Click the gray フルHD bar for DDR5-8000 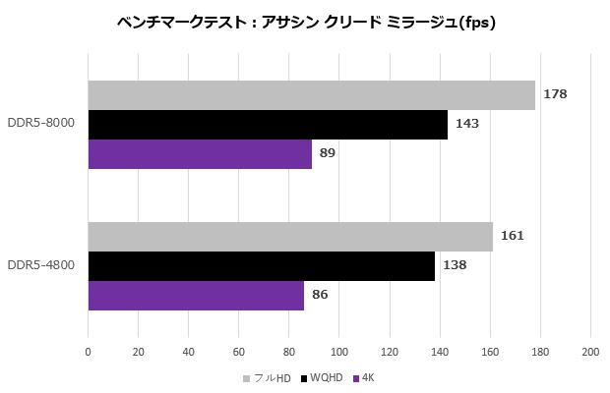(311, 95)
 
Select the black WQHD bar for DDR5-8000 (268, 125)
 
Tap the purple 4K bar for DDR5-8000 (200, 154)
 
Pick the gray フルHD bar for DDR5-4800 (290, 237)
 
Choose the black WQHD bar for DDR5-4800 (261, 266)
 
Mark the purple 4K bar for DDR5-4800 (196, 295)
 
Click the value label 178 (555, 94)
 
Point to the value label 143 (467, 124)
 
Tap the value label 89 (328, 153)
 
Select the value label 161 (513, 236)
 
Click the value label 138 (454, 265)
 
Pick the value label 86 (320, 295)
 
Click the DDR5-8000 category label (41, 125)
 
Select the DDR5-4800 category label (41, 266)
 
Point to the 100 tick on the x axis (339, 352)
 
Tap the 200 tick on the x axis (590, 352)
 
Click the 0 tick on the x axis (89, 352)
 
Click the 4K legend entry (367, 377)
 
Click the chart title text (304, 23)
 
